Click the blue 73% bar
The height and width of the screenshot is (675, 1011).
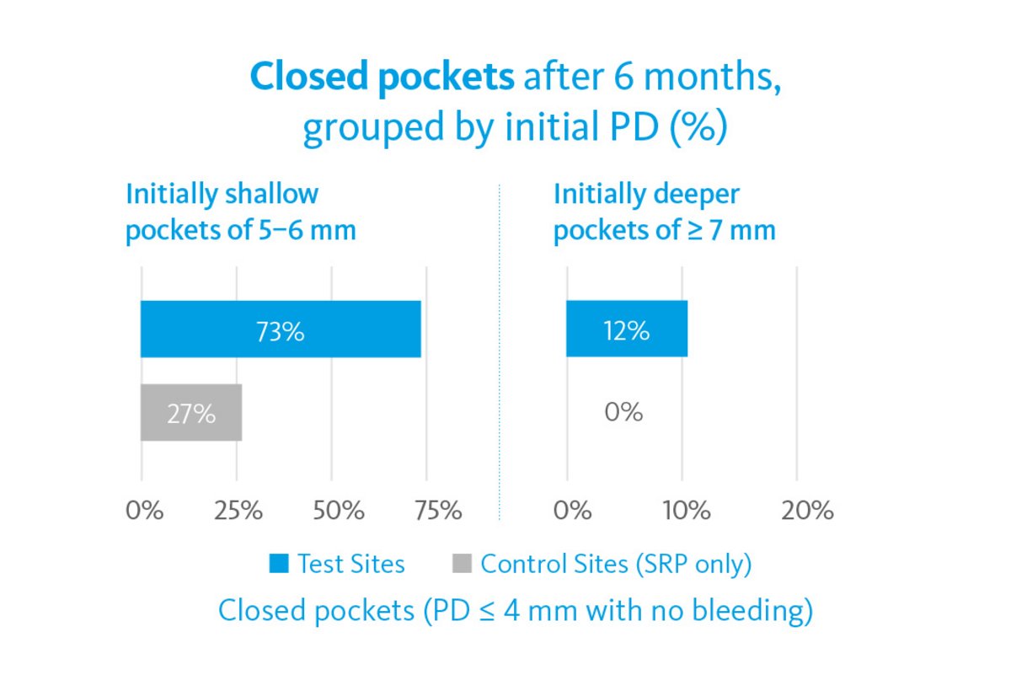click(281, 329)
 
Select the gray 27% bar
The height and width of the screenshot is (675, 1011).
click(191, 412)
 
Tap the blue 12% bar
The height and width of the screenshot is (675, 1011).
click(627, 329)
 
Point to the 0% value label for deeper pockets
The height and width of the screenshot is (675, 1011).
click(624, 412)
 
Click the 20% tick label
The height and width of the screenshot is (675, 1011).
click(806, 511)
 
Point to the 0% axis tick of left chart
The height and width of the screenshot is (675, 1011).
click(144, 511)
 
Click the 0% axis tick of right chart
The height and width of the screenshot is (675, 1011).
click(571, 511)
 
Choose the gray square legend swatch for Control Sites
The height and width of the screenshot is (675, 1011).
click(463, 563)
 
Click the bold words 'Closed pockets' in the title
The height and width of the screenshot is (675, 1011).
click(382, 78)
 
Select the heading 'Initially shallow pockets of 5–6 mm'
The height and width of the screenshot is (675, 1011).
click(240, 212)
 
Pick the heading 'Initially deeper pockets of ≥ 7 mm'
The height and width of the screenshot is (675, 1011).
click(664, 212)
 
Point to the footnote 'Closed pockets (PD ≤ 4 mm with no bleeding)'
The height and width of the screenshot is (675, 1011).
click(515, 610)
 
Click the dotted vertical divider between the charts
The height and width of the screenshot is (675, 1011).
click(500, 354)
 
